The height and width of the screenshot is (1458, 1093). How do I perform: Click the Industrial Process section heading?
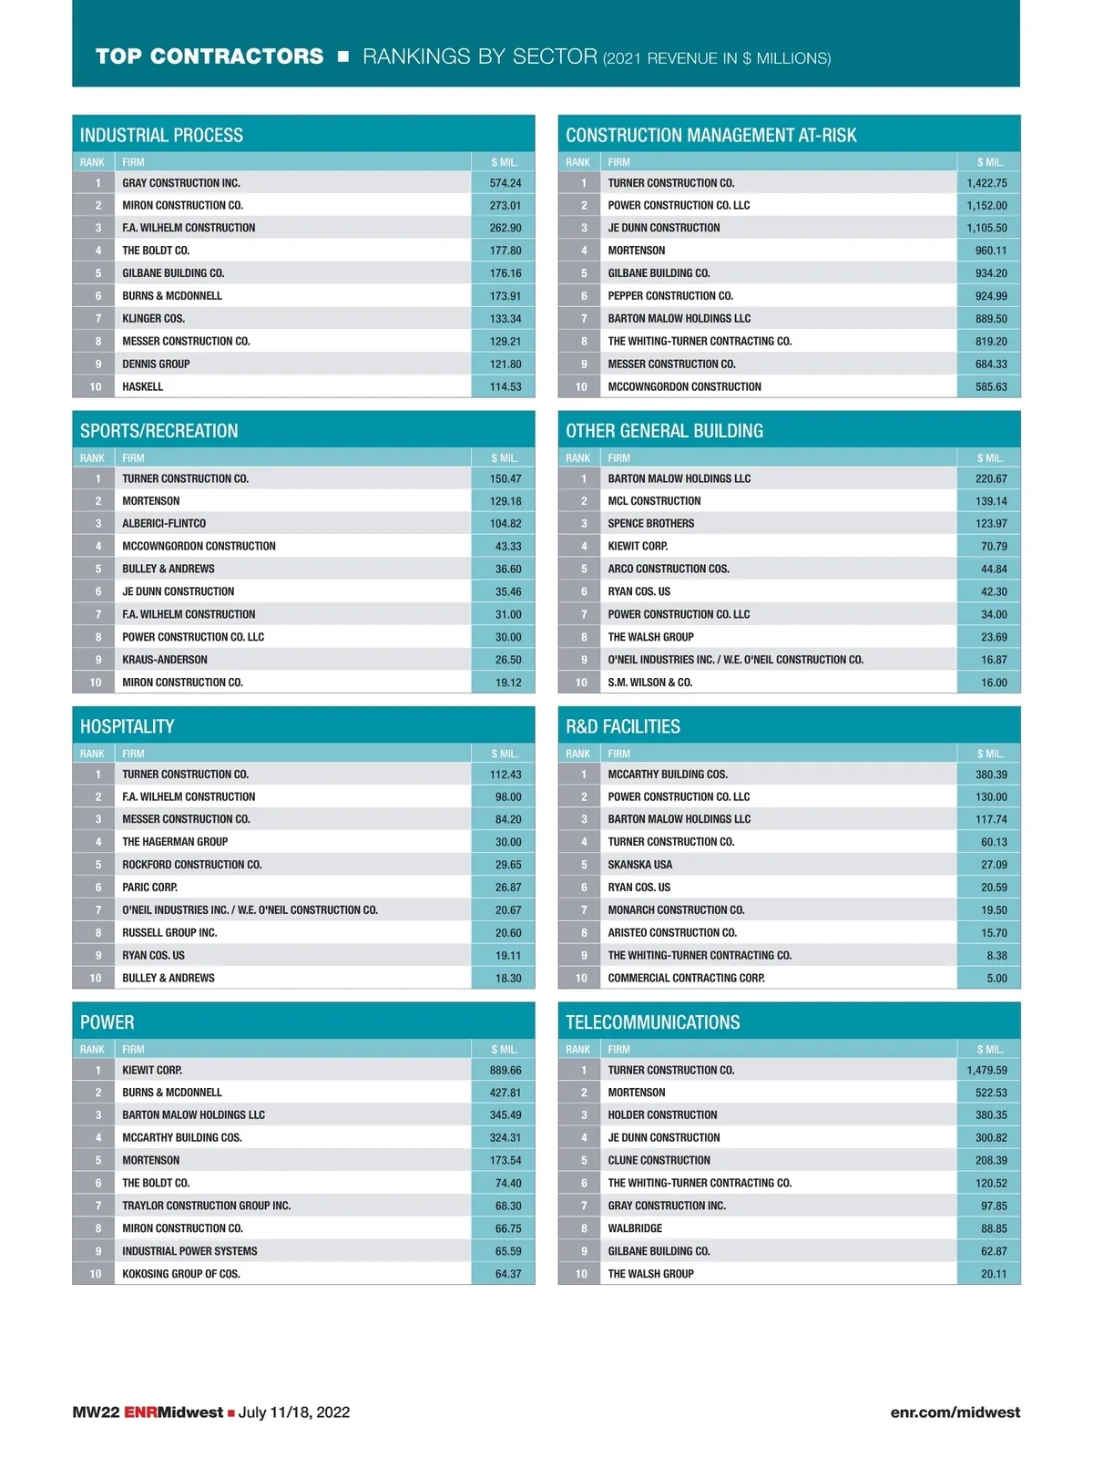click(x=161, y=135)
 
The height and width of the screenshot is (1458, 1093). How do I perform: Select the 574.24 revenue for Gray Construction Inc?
click(x=506, y=183)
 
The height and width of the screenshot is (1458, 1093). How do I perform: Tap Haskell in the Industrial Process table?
click(x=143, y=386)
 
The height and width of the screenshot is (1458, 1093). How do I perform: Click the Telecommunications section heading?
click(x=652, y=1022)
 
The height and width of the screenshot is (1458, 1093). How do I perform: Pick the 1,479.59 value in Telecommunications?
click(x=986, y=1070)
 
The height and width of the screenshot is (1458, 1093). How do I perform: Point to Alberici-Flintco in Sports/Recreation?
click(x=164, y=523)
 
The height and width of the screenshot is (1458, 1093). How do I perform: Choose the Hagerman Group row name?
click(x=175, y=842)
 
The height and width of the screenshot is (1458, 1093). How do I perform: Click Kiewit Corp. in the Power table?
click(x=152, y=1070)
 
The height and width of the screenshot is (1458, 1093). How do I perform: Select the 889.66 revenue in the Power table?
click(x=506, y=1070)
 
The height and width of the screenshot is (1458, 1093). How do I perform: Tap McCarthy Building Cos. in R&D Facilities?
click(x=668, y=775)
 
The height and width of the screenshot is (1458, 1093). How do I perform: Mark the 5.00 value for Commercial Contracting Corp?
click(x=996, y=978)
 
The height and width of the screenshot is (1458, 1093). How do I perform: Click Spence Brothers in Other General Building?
click(x=650, y=523)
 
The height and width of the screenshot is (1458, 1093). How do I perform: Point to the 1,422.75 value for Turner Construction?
click(x=986, y=183)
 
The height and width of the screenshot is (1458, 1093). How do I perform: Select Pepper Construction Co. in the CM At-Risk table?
click(x=670, y=296)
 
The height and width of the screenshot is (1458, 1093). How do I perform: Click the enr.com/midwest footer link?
click(x=955, y=1412)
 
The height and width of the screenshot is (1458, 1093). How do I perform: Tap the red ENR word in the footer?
click(x=140, y=1412)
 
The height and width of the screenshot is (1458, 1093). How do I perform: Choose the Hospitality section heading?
click(x=127, y=726)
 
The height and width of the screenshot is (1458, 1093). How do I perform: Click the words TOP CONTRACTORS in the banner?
click(x=209, y=56)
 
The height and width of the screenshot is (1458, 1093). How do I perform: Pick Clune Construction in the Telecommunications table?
click(x=659, y=1160)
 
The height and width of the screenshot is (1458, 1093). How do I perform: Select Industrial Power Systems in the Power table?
click(x=189, y=1251)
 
